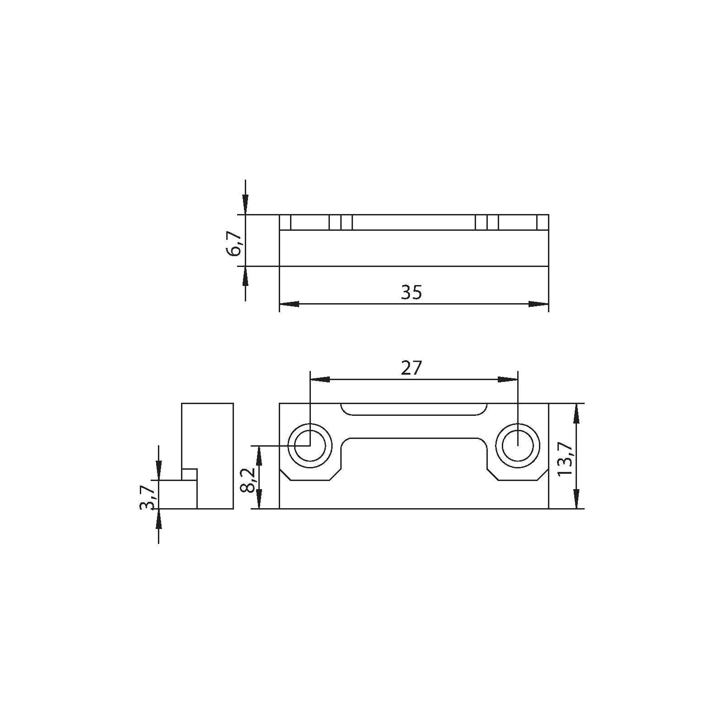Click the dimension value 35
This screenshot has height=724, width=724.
click(411, 293)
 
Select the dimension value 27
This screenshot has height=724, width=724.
click(411, 368)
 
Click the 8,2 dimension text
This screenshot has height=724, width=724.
click(248, 481)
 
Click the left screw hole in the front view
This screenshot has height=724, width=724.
click(310, 446)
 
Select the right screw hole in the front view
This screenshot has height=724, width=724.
click(518, 446)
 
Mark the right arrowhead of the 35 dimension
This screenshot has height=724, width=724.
click(539, 304)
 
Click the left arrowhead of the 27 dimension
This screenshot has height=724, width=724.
click(319, 379)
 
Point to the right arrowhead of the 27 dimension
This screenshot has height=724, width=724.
click(508, 379)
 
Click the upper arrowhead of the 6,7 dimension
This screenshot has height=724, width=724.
click(245, 205)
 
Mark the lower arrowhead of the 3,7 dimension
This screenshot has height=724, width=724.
click(158, 519)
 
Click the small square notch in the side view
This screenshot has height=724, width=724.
click(190, 475)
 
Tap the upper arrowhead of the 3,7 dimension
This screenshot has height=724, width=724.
click(158, 470)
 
